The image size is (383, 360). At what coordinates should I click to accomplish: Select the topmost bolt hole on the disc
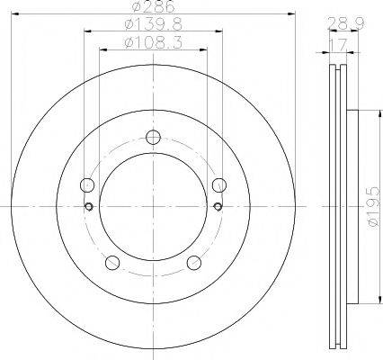click(x=154, y=137)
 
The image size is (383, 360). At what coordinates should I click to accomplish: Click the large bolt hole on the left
click(x=87, y=185)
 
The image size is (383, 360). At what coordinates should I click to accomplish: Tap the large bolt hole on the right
click(x=218, y=185)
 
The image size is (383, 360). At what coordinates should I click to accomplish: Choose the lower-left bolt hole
click(x=112, y=263)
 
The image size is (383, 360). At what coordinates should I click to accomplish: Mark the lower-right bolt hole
click(x=193, y=263)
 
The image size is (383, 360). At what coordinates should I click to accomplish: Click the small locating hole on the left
click(x=88, y=208)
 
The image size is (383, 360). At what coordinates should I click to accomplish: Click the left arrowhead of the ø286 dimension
click(x=15, y=13)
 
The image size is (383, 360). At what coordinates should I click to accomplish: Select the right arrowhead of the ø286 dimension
click(x=292, y=13)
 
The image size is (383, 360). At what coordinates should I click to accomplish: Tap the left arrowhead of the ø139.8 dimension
click(x=86, y=31)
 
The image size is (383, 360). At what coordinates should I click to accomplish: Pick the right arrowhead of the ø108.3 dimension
click(x=206, y=49)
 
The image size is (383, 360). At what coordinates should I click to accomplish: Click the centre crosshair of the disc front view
click(x=154, y=208)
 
